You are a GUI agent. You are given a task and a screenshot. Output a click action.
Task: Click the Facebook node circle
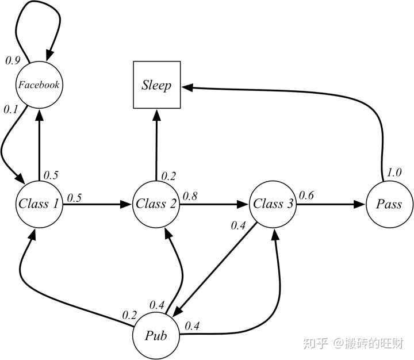(x=39, y=85)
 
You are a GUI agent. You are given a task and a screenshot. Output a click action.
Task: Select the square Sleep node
(x=157, y=86)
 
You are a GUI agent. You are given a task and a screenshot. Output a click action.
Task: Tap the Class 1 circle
(x=39, y=204)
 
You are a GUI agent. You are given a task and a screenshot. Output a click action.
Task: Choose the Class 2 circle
(x=156, y=204)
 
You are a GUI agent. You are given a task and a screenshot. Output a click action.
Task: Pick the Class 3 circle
(x=273, y=204)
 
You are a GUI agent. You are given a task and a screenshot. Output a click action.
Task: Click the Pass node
(x=389, y=204)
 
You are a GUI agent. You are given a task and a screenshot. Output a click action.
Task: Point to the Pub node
(x=156, y=335)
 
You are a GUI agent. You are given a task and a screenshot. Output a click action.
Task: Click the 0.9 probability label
(x=13, y=60)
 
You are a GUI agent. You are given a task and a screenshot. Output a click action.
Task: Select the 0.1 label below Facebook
(x=10, y=108)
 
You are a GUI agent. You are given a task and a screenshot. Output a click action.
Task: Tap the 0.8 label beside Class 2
(x=190, y=196)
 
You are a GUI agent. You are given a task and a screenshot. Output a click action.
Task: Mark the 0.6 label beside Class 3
(x=306, y=196)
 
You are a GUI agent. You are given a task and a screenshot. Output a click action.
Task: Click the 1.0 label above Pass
(x=394, y=172)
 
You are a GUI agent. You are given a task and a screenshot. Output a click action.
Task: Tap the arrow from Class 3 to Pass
(x=331, y=204)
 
